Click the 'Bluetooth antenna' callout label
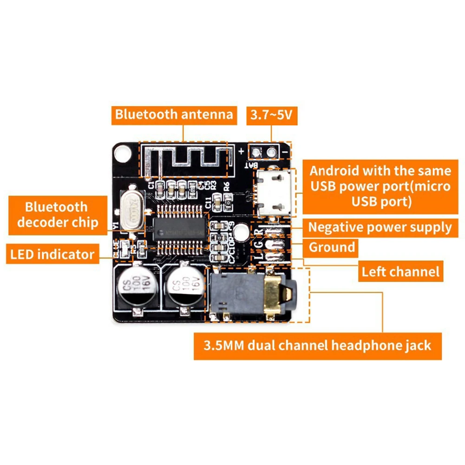pos(174,114)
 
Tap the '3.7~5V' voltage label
pos(271,114)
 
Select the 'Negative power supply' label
pos(380,228)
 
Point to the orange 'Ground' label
pos(332,247)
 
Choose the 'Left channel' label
pos(400,271)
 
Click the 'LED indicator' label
pos(52,254)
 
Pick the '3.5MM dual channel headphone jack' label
pos(317,346)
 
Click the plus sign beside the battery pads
pos(242,151)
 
